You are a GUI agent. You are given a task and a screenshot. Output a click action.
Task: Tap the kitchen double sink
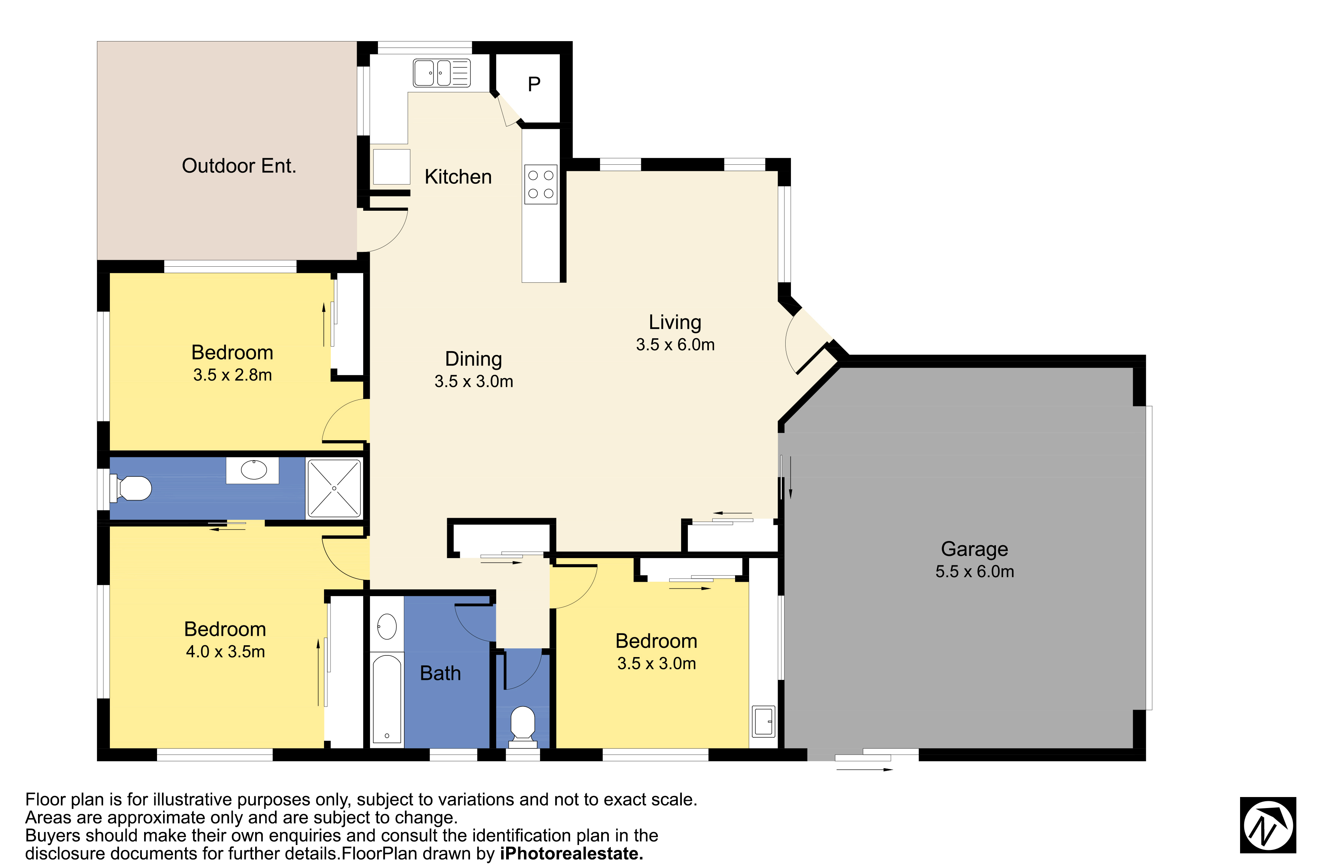click(441, 73)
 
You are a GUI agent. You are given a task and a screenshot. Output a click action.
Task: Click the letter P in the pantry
click(534, 84)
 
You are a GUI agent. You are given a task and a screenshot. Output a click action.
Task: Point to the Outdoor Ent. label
click(239, 165)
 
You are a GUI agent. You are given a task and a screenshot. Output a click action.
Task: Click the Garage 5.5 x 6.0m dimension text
click(975, 571)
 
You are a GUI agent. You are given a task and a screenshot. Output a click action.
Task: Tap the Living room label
click(675, 322)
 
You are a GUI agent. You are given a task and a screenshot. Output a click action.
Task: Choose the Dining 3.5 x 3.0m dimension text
click(473, 381)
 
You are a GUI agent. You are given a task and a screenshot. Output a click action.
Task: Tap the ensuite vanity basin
click(253, 470)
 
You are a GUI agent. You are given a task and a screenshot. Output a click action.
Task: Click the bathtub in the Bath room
click(387, 699)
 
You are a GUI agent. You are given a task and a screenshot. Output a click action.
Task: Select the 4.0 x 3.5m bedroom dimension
click(226, 651)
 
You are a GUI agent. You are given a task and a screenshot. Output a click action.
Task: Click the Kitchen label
click(458, 177)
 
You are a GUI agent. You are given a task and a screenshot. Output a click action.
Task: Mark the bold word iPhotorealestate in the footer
click(571, 854)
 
